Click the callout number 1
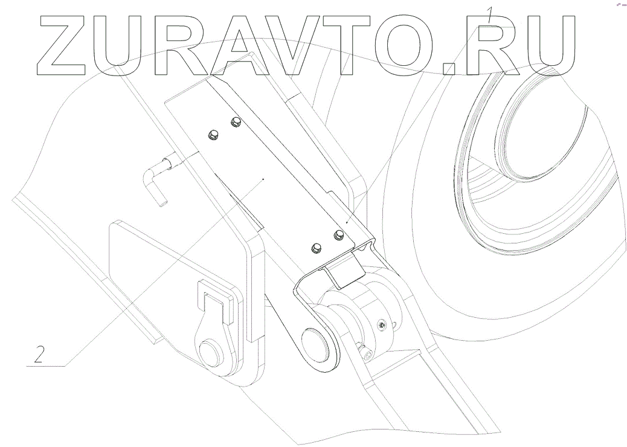[491, 14]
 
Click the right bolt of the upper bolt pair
[234, 123]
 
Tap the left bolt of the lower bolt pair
[315, 248]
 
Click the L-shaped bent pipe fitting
[155, 181]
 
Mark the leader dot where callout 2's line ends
[263, 179]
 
